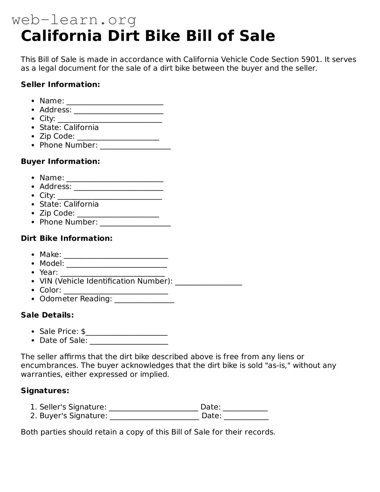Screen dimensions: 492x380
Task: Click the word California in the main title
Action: point(61,36)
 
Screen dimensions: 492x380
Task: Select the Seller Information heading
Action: point(60,85)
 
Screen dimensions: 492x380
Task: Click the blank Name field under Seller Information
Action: point(115,102)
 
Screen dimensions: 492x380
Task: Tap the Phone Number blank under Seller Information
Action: point(135,146)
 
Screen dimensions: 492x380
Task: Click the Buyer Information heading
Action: point(60,162)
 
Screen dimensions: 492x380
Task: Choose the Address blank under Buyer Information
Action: point(119,187)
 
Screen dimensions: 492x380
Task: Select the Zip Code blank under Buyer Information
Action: point(118,214)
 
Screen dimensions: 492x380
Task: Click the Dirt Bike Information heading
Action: point(67,238)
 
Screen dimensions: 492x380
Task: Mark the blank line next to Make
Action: point(116,255)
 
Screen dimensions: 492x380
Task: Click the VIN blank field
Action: point(208,282)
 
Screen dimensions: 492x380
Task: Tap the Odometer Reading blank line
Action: point(144,300)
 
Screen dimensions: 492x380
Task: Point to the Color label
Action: point(50,290)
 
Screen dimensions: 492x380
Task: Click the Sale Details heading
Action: point(47,315)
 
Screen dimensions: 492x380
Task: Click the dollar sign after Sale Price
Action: point(83,331)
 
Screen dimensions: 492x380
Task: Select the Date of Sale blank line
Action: point(129,341)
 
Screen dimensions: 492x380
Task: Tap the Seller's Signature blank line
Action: point(153,408)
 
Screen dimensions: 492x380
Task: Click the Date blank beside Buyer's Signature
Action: point(246,417)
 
